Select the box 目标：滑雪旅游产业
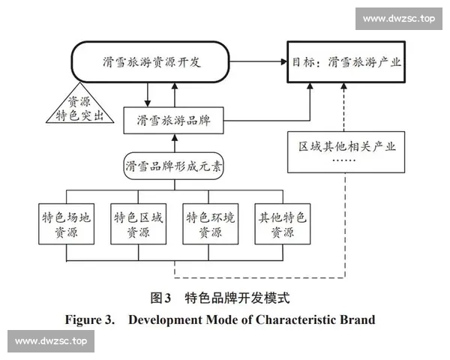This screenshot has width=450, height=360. point(344,62)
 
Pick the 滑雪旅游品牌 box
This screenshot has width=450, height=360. point(173,119)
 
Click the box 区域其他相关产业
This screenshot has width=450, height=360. point(344,149)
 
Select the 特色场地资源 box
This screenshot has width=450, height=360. point(67,224)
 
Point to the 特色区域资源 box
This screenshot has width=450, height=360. point(138,224)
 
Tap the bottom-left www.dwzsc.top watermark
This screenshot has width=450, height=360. point(51,341)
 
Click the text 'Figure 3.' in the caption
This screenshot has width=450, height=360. point(89,319)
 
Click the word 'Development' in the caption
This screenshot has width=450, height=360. point(163,319)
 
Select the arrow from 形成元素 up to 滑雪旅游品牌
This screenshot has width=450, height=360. point(173,140)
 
